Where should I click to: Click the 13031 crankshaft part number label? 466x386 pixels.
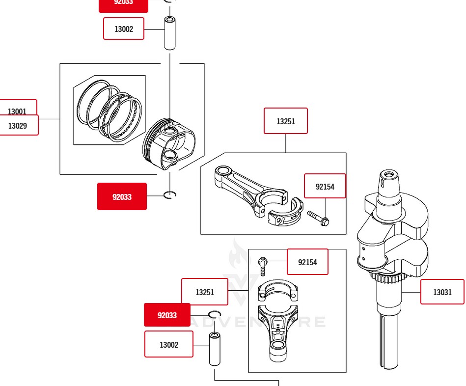(442, 292)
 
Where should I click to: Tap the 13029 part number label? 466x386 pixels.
(18, 126)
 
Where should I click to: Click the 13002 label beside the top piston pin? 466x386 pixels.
(124, 28)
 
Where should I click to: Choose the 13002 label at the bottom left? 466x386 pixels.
(168, 344)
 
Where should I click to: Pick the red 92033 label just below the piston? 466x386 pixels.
(122, 196)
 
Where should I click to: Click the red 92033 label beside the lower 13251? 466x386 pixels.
(167, 315)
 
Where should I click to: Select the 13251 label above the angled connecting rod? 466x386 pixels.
(285, 121)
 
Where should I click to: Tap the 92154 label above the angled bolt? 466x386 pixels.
(325, 186)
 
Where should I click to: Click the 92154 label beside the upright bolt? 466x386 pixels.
(307, 262)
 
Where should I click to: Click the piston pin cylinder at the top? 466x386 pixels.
(170, 33)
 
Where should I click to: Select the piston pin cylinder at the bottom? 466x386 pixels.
(215, 349)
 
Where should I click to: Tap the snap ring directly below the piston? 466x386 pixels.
(169, 194)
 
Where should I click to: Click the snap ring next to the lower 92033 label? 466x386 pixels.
(215, 314)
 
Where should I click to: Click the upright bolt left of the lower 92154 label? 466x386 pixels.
(263, 266)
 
